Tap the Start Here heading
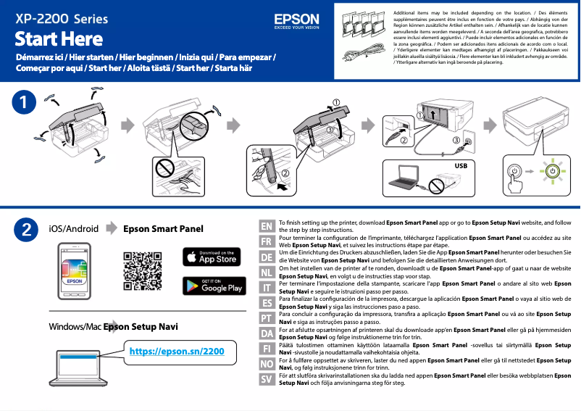point(59,38)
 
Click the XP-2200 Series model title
point(62,17)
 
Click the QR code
point(142,270)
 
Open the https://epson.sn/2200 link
point(177,352)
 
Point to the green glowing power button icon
point(552,172)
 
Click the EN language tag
point(267,225)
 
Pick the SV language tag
point(267,379)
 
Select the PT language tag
point(267,317)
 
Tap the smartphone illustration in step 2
point(76,271)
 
